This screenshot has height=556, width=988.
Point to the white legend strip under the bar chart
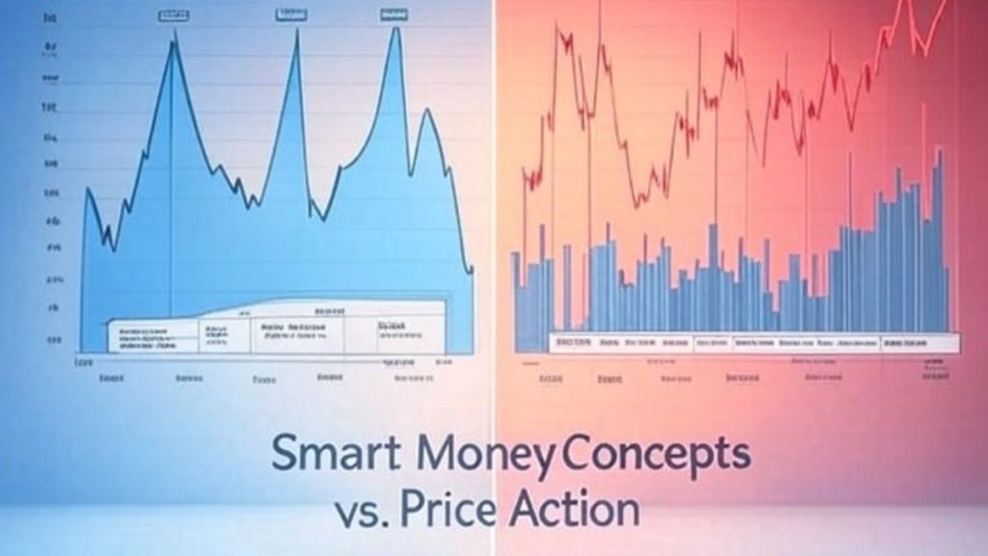(x=753, y=342)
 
